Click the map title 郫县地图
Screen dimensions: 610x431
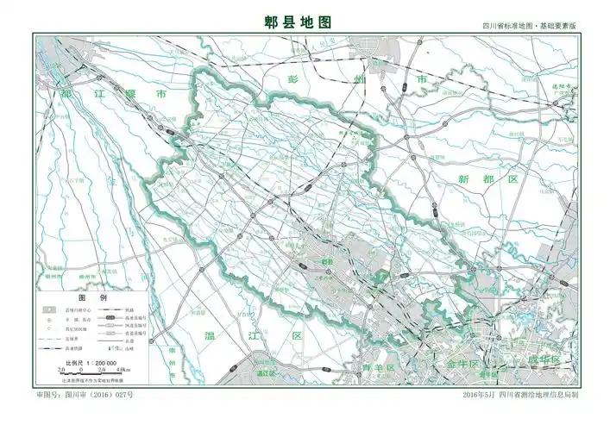pos(298,22)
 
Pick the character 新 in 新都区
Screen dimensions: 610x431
pos(464,179)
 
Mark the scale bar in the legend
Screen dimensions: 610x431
pos(89,372)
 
